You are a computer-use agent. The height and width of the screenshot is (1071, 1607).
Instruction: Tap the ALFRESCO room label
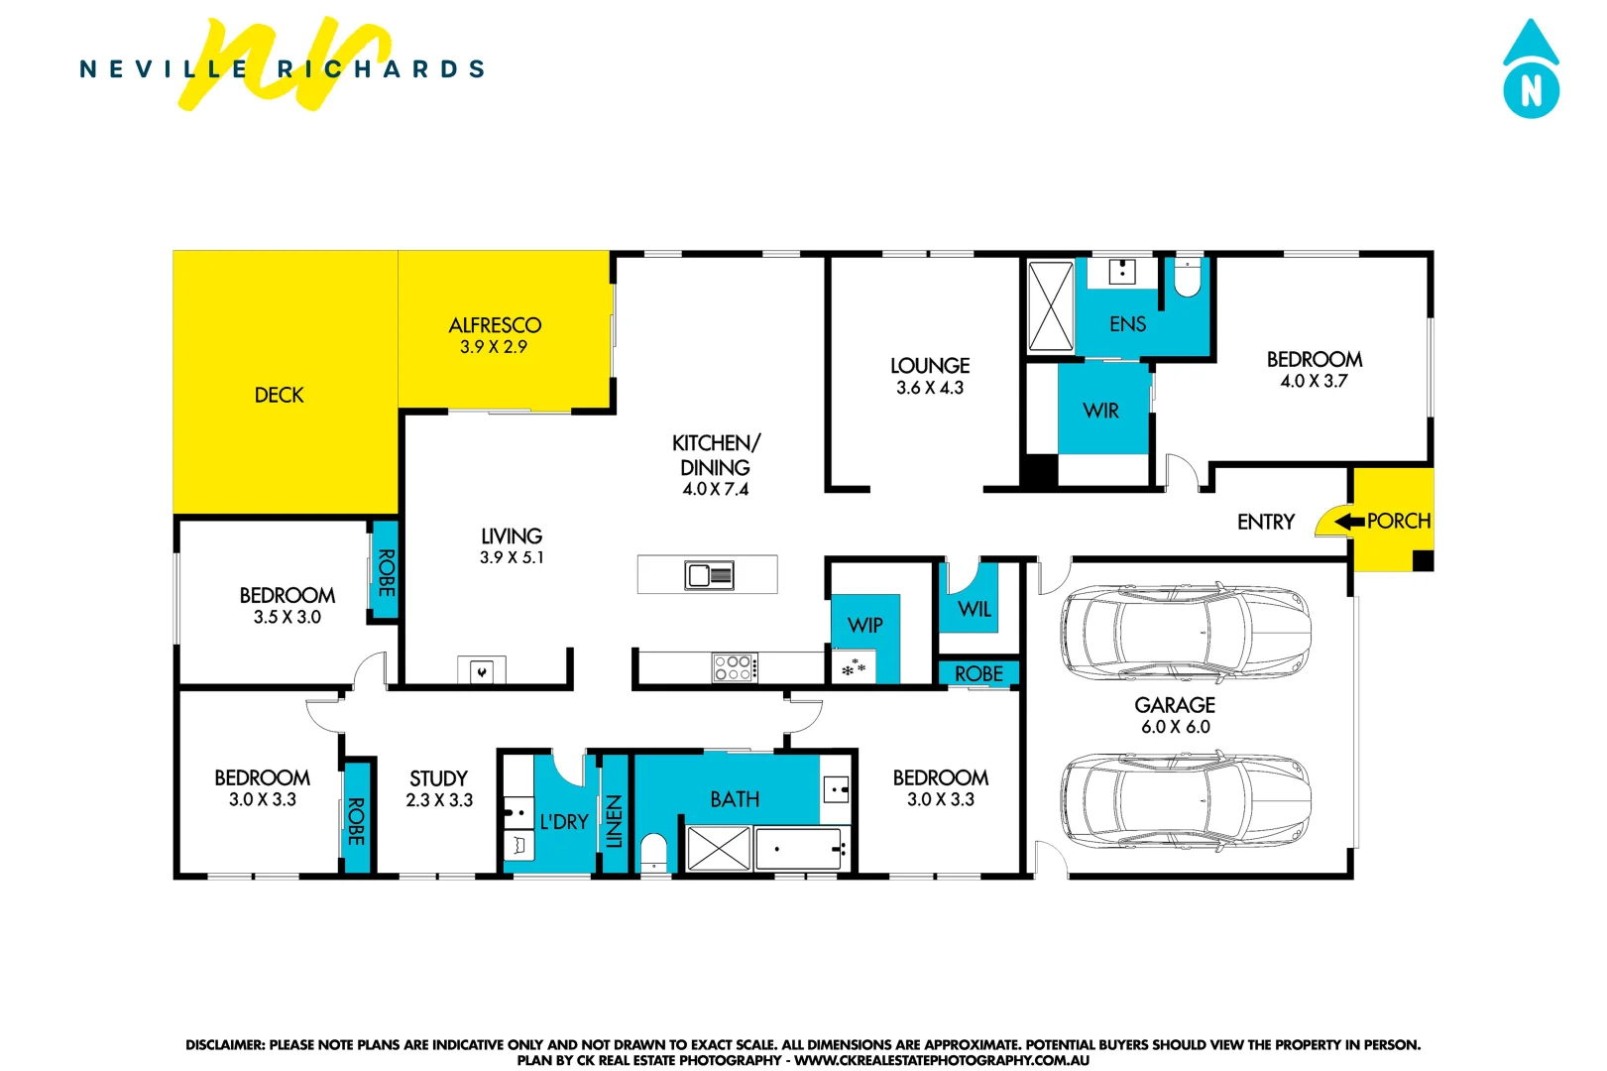[x=495, y=325]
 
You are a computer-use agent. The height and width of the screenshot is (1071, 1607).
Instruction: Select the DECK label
[x=279, y=395]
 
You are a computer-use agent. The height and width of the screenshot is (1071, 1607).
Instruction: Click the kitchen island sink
[x=709, y=575]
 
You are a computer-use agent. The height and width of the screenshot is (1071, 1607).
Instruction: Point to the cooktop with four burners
[x=735, y=667]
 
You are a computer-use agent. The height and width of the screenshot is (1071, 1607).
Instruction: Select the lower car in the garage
[x=1186, y=799]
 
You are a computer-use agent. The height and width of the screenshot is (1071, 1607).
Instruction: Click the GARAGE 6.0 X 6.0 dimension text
[x=1175, y=727]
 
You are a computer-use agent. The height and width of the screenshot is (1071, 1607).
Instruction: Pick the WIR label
[x=1100, y=411]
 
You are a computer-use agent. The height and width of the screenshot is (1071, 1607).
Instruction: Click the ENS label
[x=1127, y=324]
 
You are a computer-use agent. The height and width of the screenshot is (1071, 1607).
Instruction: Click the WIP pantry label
[x=864, y=626]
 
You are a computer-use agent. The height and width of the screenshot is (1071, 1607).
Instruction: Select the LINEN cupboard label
[x=615, y=821]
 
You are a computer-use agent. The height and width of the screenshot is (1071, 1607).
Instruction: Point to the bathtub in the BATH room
[x=801, y=849]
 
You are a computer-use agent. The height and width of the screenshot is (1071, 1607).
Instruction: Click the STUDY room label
[x=438, y=778]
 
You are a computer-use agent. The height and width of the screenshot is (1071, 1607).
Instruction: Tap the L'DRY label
[x=564, y=822]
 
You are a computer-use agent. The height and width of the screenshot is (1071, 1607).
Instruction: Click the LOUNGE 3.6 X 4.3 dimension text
[x=930, y=388]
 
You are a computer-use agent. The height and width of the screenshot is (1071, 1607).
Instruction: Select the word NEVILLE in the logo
[x=164, y=69]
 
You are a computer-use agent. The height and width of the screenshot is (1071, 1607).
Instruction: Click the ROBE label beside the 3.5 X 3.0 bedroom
[x=386, y=573]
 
